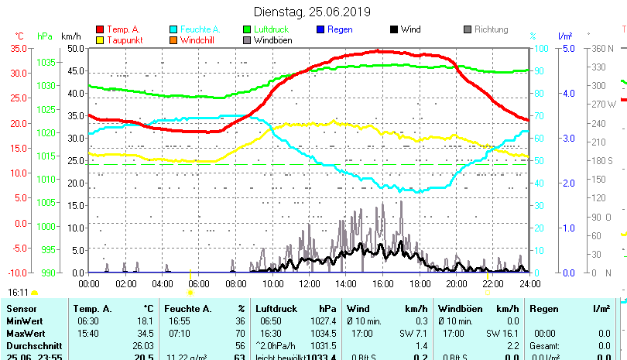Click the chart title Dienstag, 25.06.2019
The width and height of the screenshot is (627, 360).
(312, 12)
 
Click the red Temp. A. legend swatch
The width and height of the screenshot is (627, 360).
(100, 29)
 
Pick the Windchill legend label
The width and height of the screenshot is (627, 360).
(199, 40)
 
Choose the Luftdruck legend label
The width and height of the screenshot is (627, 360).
(274, 29)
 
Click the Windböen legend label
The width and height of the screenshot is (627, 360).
(273, 40)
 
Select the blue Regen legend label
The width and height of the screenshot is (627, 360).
(340, 29)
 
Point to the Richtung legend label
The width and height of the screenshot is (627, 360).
(492, 29)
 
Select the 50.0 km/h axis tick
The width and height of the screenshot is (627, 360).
(75, 48)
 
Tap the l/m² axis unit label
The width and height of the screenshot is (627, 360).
(565, 36)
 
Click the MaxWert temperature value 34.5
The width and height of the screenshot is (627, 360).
(144, 333)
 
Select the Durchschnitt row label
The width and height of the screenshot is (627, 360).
(33, 345)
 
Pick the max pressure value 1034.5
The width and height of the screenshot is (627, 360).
(327, 333)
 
